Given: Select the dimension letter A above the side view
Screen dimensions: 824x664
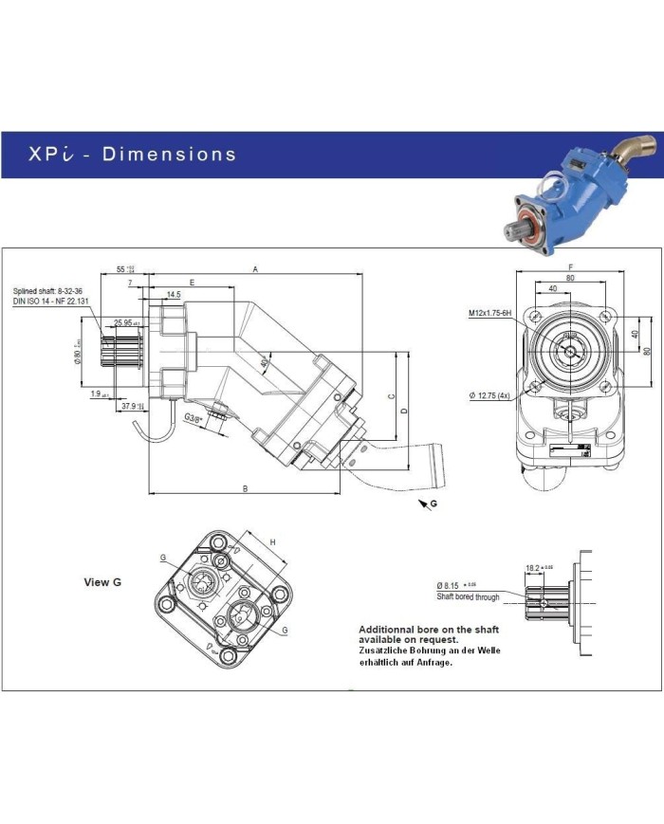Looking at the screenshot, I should (254, 269).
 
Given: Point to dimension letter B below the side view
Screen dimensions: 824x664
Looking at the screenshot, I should (245, 488).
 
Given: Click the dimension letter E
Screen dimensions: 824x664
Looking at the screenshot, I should (192, 283).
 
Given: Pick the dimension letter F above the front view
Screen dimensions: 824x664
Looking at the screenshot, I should (569, 267).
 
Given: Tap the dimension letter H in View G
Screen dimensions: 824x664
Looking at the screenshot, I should (272, 541).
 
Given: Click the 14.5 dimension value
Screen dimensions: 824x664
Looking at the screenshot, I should (173, 295).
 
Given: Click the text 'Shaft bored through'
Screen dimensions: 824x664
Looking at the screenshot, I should (468, 596).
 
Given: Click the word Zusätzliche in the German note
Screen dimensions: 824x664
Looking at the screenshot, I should (383, 650).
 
